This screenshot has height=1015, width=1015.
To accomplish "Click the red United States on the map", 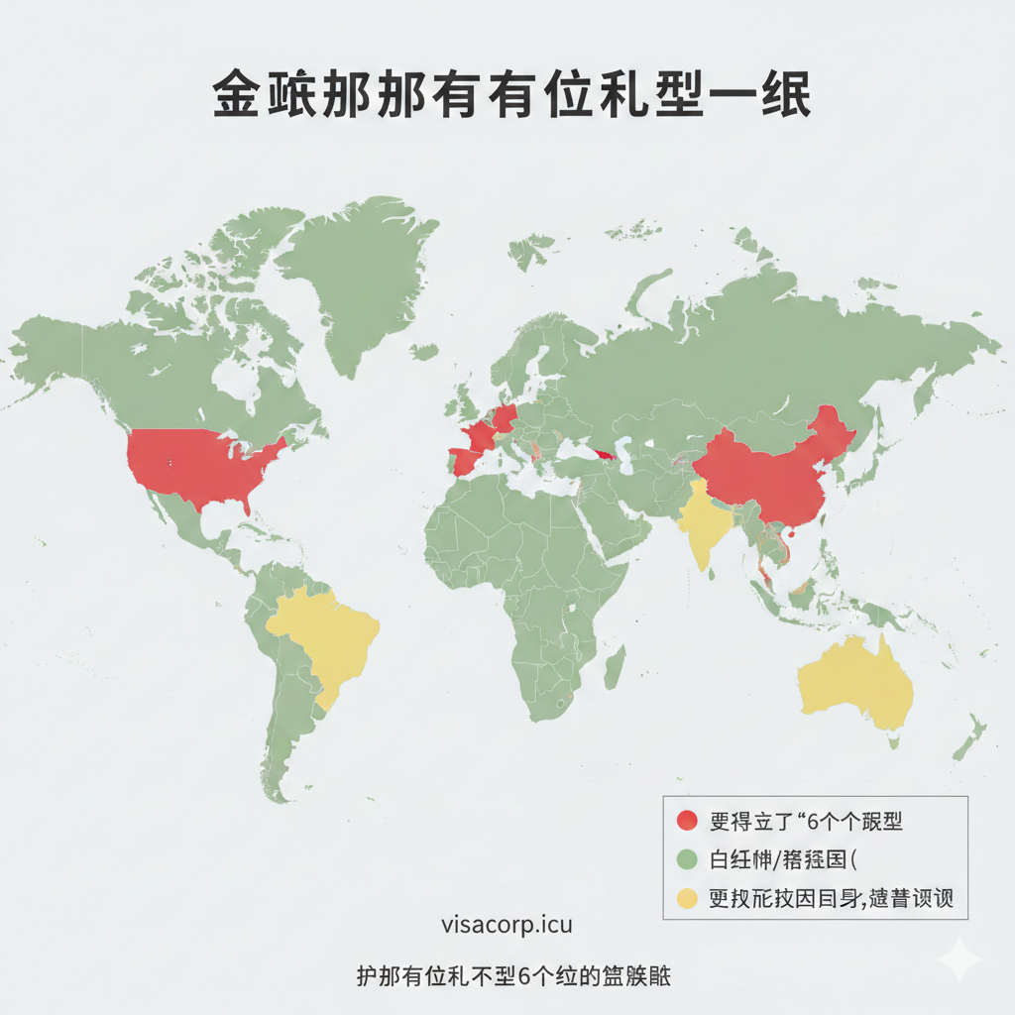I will click(203, 466).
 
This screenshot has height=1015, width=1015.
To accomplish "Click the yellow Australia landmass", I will click(852, 679).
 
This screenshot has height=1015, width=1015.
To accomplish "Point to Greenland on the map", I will click(357, 268).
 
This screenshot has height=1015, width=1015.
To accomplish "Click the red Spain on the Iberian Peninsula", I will click(466, 462).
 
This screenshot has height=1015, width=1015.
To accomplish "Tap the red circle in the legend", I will click(686, 821).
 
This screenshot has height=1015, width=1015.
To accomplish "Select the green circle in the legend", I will click(686, 858).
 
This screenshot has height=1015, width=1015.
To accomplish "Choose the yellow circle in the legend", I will click(686, 898).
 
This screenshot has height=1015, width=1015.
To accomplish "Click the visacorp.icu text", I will click(507, 926).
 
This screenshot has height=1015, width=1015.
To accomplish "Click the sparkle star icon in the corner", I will click(958, 959).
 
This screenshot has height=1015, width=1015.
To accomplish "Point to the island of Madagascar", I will click(615, 667).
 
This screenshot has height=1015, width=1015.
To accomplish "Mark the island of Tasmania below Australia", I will click(896, 742).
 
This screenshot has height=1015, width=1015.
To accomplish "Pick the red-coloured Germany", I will click(505, 417).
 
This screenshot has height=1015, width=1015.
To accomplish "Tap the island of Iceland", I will click(424, 352).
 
